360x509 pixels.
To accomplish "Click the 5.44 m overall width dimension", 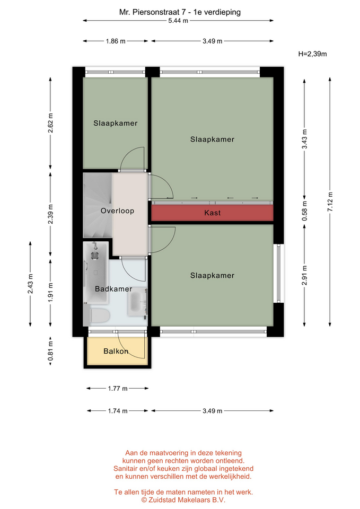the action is (x=178, y=21).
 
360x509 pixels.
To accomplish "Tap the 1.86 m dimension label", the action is (x=116, y=41).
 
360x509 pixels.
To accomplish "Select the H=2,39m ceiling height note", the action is (x=312, y=54).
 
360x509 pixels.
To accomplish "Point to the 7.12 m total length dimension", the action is (x=330, y=201).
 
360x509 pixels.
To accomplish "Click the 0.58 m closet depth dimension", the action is (x=304, y=210).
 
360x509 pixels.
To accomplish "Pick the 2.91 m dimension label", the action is (x=304, y=275).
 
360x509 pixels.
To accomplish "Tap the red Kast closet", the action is (x=212, y=213).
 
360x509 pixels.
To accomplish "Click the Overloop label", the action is (x=117, y=210).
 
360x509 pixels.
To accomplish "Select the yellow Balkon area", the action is (x=116, y=351).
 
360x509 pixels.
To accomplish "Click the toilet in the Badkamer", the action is (x=99, y=315).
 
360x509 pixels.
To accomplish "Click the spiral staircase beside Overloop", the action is (x=98, y=205).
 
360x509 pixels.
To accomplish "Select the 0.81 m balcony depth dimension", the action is (x=50, y=350).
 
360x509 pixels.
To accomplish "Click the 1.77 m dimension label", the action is (x=118, y=388).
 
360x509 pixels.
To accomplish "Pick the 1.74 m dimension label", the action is (x=118, y=410).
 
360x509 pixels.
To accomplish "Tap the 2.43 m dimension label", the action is (x=30, y=284).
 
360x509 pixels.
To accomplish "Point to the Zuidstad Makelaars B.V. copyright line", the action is (x=183, y=500).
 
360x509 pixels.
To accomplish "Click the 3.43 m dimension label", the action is (x=304, y=139).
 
